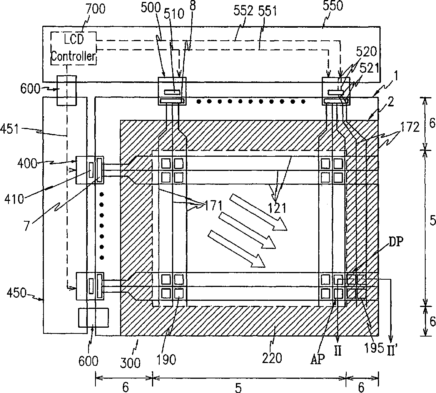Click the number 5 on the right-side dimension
(433, 221)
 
